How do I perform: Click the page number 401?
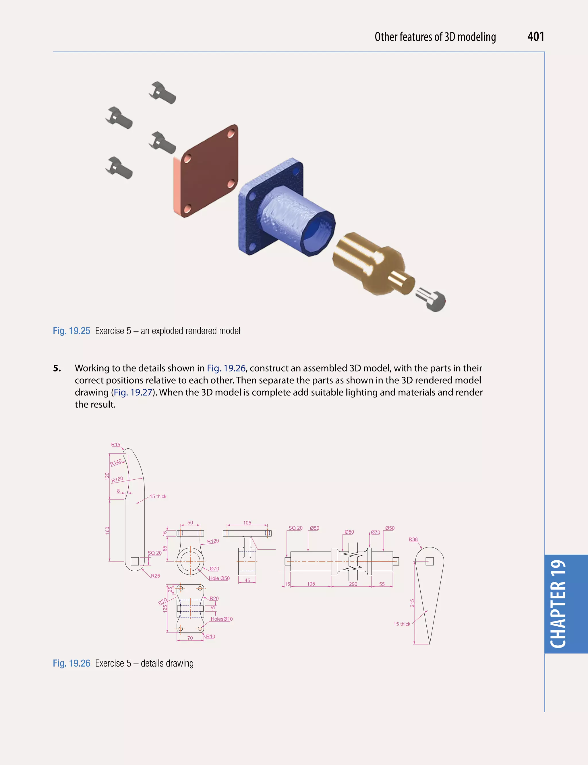535,37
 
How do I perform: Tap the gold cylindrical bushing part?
367,262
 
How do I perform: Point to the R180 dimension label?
117,479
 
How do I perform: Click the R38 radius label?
413,539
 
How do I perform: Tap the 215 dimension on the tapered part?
412,603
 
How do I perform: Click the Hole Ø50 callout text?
219,578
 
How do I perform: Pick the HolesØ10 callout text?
222,619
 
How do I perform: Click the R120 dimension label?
213,541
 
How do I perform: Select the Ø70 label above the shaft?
375,532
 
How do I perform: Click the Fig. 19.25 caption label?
71,331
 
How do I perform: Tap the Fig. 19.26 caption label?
71,663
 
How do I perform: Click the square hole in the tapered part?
430,561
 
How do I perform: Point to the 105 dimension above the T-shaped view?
247,523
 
